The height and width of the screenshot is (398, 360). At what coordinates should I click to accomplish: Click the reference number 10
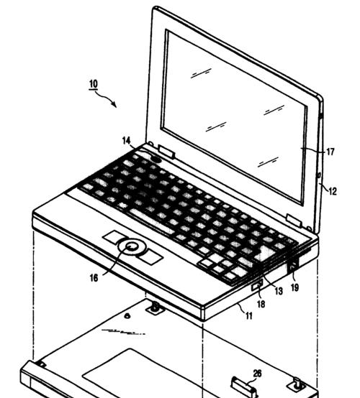pyautogui.click(x=94, y=84)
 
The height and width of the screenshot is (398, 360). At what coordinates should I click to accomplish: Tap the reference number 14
pyautogui.click(x=127, y=141)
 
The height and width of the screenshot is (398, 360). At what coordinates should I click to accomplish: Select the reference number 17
pyautogui.click(x=330, y=152)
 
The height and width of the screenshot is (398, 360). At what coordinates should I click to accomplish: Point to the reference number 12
pyautogui.click(x=333, y=191)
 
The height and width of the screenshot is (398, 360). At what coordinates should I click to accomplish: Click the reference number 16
pyautogui.click(x=94, y=278)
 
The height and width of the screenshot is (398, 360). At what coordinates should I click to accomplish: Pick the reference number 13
pyautogui.click(x=279, y=291)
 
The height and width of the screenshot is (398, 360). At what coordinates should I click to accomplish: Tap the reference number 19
pyautogui.click(x=294, y=287)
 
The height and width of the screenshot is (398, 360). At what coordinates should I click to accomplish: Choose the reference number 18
pyautogui.click(x=261, y=304)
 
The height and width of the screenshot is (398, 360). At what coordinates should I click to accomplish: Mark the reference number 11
pyautogui.click(x=249, y=316)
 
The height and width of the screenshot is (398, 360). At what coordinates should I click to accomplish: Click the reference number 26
pyautogui.click(x=257, y=374)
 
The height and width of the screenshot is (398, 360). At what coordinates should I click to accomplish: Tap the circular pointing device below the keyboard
pyautogui.click(x=132, y=246)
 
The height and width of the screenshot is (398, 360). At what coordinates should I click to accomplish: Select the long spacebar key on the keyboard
pyautogui.click(x=152, y=221)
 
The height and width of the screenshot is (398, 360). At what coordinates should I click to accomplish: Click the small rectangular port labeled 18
pyautogui.click(x=257, y=284)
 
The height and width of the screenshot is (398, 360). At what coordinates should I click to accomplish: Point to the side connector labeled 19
pyautogui.click(x=293, y=267)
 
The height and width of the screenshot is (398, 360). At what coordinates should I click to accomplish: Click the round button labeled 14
pyautogui.click(x=156, y=159)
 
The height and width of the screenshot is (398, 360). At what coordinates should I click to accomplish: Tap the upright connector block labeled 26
pyautogui.click(x=243, y=387)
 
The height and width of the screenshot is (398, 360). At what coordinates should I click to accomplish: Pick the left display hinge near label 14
pyautogui.click(x=166, y=151)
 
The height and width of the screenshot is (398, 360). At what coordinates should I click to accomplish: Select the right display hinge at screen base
pyautogui.click(x=294, y=220)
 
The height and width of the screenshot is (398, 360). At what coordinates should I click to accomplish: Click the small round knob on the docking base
pyautogui.click(x=127, y=316)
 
